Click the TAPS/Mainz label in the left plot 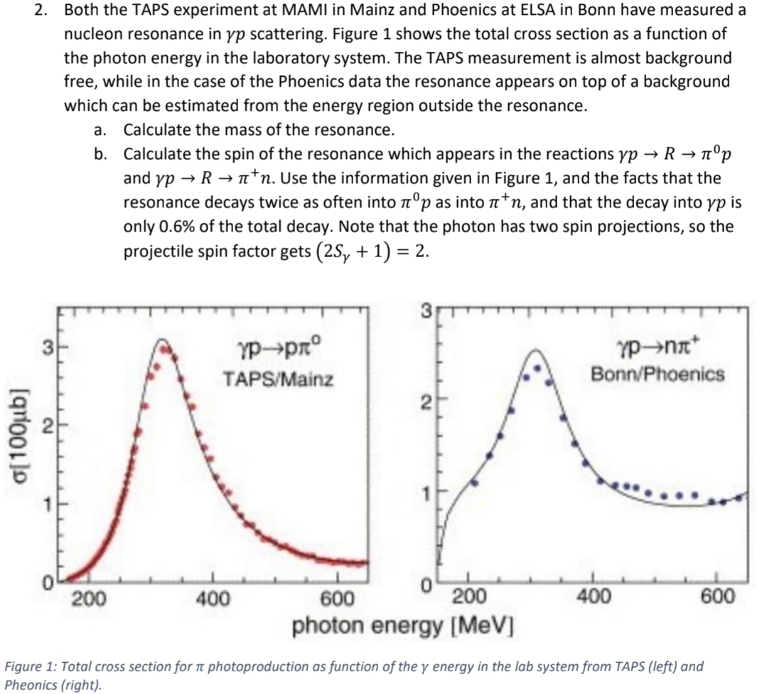[x=278, y=379]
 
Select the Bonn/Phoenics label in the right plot [x=658, y=374]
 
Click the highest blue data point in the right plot [x=537, y=369]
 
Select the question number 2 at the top [x=41, y=10]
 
